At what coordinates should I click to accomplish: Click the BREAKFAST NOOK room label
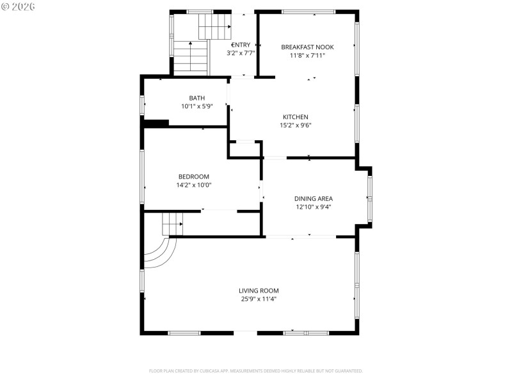[307, 47]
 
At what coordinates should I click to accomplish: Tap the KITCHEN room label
[295, 117]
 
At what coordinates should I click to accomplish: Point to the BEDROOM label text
[193, 177]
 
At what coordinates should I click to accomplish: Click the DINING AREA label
[313, 198]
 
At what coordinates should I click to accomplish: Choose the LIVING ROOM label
[259, 291]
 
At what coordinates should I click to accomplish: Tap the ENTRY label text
[241, 45]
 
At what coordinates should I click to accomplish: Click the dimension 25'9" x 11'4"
[259, 299]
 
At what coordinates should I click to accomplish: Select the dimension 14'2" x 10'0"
[193, 185]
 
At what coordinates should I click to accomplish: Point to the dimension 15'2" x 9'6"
[295, 125]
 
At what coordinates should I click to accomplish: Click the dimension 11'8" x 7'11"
[307, 55]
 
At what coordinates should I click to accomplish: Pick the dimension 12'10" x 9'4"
[313, 207]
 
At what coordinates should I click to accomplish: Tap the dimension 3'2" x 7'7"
[241, 53]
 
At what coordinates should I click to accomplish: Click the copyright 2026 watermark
[19, 6]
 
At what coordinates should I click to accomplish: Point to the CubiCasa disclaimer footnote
[256, 371]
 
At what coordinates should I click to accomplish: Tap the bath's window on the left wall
[142, 104]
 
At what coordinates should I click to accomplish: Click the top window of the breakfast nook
[308, 12]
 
